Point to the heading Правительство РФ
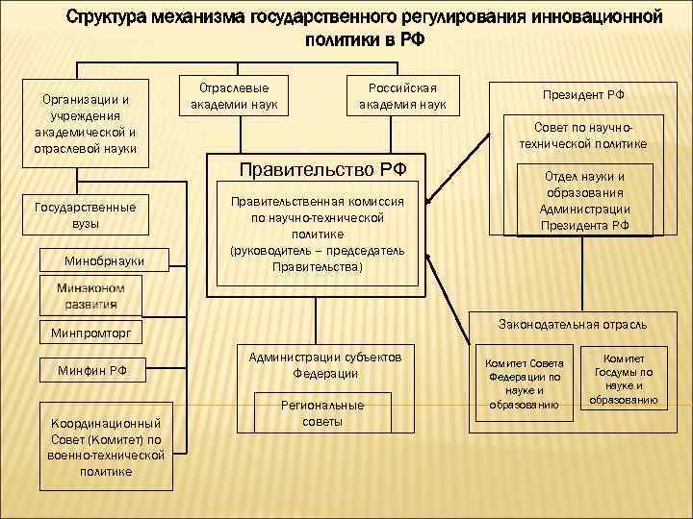click(x=322, y=170)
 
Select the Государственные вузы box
click(x=85, y=214)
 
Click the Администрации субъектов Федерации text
click(x=324, y=365)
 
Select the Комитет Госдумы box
click(x=630, y=379)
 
